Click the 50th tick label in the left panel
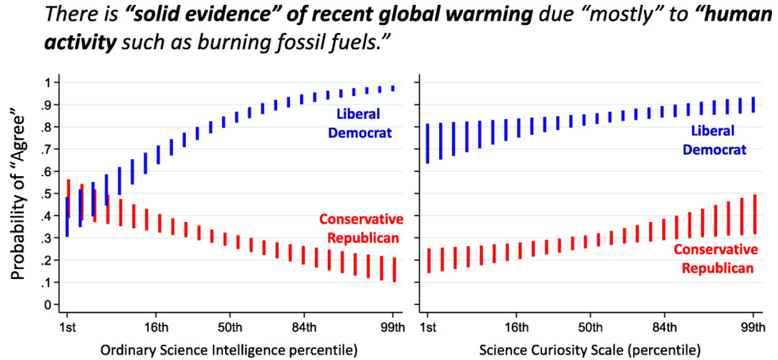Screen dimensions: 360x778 (229, 329)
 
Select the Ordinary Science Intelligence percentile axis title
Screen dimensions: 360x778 (229, 350)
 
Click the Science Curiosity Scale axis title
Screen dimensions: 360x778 (590, 350)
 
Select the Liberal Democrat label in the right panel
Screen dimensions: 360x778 (715, 140)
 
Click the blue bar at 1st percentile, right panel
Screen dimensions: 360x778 (428, 143)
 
